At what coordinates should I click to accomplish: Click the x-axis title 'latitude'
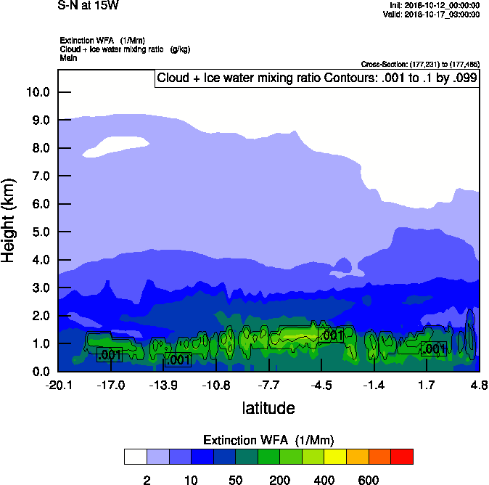click(x=268, y=408)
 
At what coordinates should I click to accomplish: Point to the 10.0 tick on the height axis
click(x=37, y=92)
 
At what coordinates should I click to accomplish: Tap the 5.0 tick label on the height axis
click(x=37, y=232)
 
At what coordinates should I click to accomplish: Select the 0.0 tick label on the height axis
click(x=37, y=372)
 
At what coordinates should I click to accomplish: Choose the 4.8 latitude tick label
click(x=479, y=385)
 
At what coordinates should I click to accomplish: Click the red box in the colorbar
click(x=402, y=457)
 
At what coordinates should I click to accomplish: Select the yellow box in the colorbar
click(x=335, y=457)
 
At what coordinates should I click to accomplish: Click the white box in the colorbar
click(x=135, y=457)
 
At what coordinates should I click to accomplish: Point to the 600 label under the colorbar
click(x=369, y=480)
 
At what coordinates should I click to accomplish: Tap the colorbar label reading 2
click(x=147, y=480)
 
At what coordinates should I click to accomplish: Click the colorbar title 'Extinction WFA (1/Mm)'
click(x=268, y=440)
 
